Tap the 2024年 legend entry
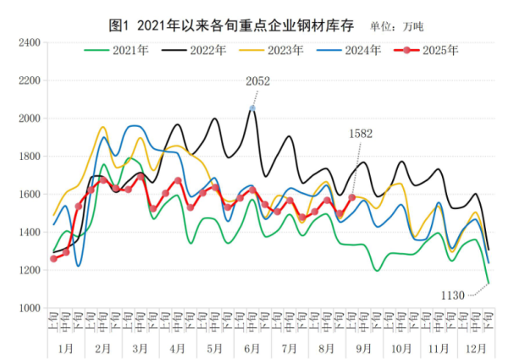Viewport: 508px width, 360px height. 365,50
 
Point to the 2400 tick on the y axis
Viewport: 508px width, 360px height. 29,42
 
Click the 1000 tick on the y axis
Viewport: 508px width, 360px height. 29,307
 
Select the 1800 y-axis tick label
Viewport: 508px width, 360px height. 29,156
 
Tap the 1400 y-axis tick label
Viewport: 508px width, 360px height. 29,232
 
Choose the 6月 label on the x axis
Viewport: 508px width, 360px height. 251,347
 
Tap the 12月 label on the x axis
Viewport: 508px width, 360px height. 476,347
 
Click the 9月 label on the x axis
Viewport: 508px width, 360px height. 363,347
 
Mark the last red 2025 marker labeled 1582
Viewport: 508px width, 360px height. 351,197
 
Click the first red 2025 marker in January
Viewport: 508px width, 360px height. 53,258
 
